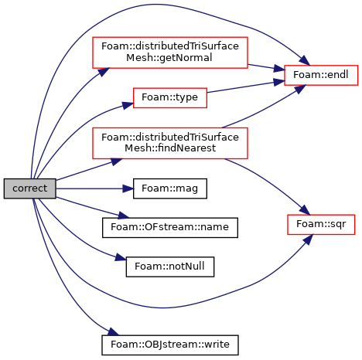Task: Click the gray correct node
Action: point(30,188)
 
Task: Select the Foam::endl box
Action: point(321,75)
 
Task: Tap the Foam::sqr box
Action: point(321,224)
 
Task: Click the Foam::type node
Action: point(170,97)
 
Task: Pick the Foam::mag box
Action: point(170,188)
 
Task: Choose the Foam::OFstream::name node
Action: point(170,228)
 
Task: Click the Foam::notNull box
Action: point(170,267)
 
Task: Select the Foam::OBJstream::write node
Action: point(170,345)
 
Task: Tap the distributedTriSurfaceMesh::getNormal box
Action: point(170,53)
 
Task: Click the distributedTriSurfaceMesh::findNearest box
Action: point(170,143)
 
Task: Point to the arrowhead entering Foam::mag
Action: point(128,188)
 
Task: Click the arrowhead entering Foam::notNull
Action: point(121,257)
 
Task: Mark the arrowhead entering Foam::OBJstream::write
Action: point(113,331)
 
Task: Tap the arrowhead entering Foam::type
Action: point(128,105)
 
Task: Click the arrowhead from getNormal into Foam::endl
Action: point(279,69)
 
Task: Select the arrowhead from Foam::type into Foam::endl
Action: point(279,82)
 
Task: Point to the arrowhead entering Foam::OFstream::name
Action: point(123,216)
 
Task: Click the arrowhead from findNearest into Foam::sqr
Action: point(305,209)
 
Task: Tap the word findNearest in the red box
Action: point(170,148)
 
